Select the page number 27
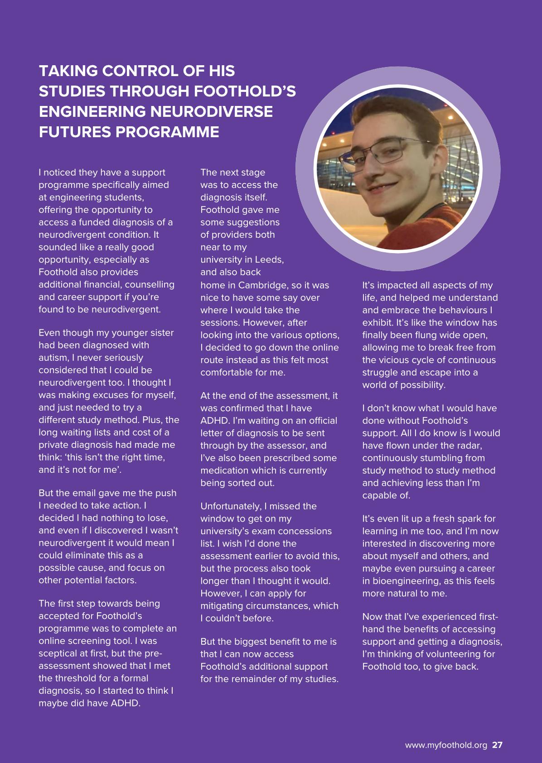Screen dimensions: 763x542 click(497, 745)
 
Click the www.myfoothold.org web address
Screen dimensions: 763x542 click(445, 745)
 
